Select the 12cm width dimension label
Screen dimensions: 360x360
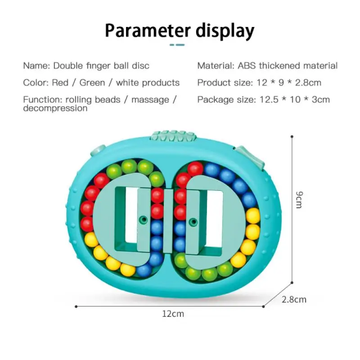(x=173, y=314)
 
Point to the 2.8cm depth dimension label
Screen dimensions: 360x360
(x=294, y=299)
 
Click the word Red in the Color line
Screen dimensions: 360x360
(x=60, y=83)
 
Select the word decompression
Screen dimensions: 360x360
(x=55, y=108)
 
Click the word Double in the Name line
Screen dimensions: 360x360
(x=68, y=66)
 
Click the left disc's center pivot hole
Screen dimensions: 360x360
(x=144, y=220)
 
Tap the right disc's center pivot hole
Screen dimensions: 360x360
(x=193, y=221)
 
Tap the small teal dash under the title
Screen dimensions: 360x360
(x=176, y=45)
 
